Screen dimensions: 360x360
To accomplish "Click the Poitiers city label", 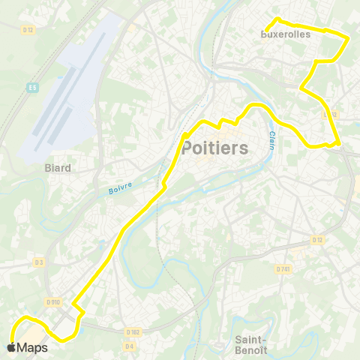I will (x=214, y=148).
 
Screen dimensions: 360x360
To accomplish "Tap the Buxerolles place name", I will (x=285, y=34).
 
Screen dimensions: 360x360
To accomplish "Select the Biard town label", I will (x=58, y=168).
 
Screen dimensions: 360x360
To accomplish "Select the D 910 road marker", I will (x=52, y=301).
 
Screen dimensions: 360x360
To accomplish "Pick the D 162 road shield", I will (x=133, y=331).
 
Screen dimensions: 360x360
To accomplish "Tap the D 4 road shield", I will (x=129, y=346).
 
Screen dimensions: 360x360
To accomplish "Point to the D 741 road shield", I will (x=282, y=268).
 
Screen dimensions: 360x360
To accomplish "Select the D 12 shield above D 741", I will (x=316, y=240).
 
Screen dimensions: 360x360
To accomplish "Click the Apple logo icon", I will (x=11, y=347).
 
